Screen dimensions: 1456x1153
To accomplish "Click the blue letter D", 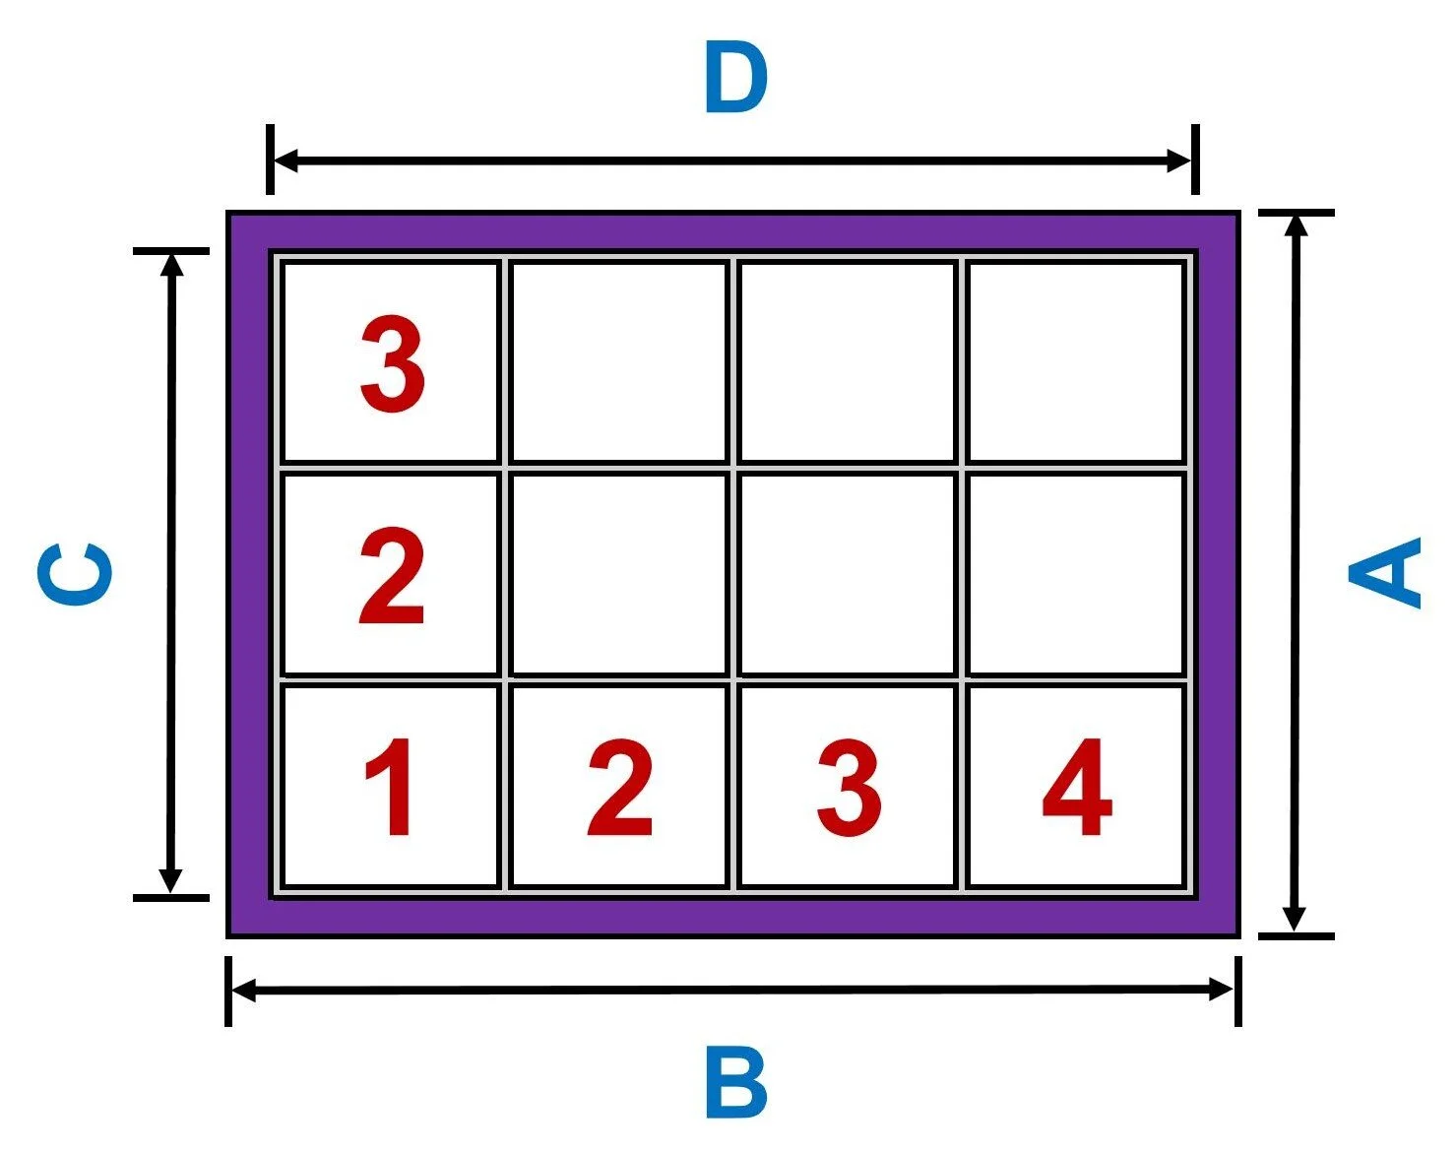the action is point(735,79).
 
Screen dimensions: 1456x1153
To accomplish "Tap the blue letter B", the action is point(735,1082).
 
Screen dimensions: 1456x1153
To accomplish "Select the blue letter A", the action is point(1386,572).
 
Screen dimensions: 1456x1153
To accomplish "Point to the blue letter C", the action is point(75,572).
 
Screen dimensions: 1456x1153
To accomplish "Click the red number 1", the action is point(390,788).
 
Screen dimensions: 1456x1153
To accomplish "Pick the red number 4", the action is point(1077,788).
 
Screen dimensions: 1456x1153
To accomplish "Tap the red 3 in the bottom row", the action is point(849,788).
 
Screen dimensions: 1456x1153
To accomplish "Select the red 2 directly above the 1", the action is point(392,576).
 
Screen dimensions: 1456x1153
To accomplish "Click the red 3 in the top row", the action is point(392,364).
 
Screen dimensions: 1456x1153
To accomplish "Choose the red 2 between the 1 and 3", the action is point(619,788).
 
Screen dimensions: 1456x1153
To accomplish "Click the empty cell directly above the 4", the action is point(1076,575).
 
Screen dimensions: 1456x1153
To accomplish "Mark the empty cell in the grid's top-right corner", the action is point(1076,362).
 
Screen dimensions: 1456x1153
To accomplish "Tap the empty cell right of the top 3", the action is point(619,362).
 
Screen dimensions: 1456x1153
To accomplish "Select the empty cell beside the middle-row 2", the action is point(619,575).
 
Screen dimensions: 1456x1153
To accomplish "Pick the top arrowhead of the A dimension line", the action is point(1296,225).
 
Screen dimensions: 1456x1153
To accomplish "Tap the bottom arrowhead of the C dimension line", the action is point(171,882).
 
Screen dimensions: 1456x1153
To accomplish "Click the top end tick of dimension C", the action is point(171,251).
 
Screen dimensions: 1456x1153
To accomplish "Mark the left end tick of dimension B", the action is point(228,991).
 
